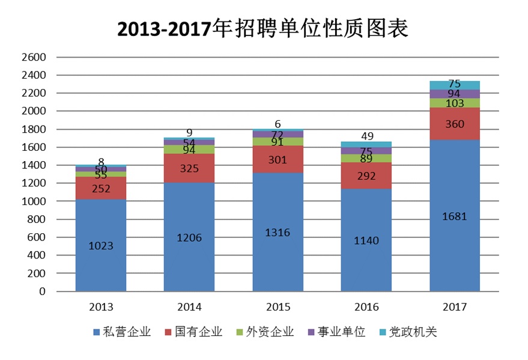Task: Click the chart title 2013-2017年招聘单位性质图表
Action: coord(263,28)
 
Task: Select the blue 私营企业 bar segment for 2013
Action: coord(100,245)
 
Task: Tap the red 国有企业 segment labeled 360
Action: coord(455,124)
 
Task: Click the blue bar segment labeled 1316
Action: coord(278,232)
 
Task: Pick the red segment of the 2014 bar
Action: coord(189,168)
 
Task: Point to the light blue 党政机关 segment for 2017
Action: coord(455,85)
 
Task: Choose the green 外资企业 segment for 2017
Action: coord(455,103)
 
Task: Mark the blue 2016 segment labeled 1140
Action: coord(366,240)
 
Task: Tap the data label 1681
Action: coord(455,216)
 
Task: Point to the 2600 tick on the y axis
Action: coord(33,58)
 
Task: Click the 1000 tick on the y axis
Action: coord(33,201)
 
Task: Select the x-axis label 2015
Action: coord(278,307)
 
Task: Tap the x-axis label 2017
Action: coord(455,307)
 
